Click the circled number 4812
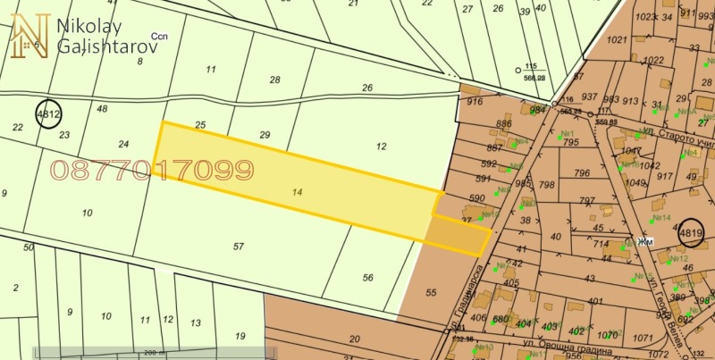(48, 114)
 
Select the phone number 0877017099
(153, 170)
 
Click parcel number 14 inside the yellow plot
(298, 191)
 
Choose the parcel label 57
(238, 246)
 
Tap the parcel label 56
(367, 278)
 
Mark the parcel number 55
(431, 292)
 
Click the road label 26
(366, 88)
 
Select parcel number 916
(475, 103)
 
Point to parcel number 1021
(616, 40)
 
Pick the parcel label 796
(582, 173)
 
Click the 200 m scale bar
(149, 353)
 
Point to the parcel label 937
(589, 96)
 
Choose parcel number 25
(200, 124)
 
